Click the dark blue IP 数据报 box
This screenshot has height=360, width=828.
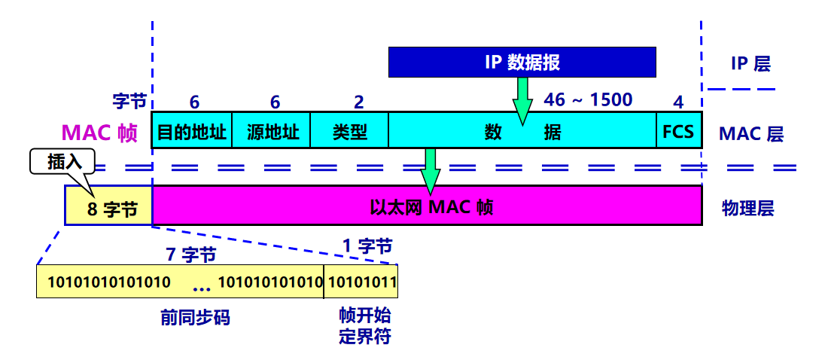click(x=522, y=62)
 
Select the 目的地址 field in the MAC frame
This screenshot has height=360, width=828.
click(x=192, y=133)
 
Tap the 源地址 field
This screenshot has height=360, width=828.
click(x=271, y=133)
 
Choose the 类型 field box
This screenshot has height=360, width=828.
click(x=349, y=133)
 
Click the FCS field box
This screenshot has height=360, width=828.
click(x=678, y=133)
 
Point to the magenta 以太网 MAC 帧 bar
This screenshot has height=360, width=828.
click(x=427, y=206)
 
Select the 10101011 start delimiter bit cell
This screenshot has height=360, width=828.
click(x=361, y=282)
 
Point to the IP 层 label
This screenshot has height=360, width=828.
click(x=750, y=63)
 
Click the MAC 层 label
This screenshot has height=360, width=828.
click(x=750, y=134)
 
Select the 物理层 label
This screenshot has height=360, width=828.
click(x=747, y=208)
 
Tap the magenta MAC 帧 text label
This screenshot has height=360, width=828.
click(x=99, y=133)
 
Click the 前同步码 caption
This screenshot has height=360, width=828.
click(x=195, y=318)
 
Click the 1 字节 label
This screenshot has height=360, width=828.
click(x=367, y=246)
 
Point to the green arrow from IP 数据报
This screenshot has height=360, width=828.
click(x=520, y=99)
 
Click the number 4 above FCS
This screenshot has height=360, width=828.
click(x=678, y=102)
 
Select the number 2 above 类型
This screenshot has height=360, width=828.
click(x=358, y=102)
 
